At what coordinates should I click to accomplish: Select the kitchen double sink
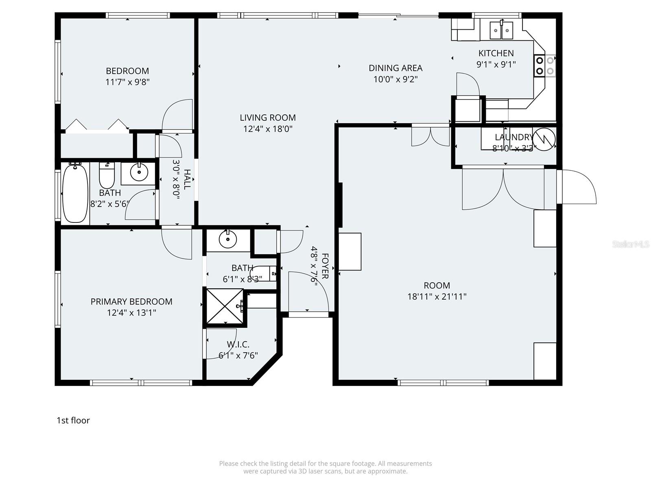[501, 30]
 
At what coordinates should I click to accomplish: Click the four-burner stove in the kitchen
[545, 65]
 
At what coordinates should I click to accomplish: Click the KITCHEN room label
[496, 53]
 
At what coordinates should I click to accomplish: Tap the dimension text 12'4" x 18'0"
[268, 129]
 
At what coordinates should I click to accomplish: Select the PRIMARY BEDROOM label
[131, 302]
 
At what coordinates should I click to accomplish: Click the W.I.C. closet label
[238, 344]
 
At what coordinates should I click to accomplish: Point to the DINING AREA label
[395, 68]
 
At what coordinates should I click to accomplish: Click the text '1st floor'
[73, 420]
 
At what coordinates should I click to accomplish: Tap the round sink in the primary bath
[228, 240]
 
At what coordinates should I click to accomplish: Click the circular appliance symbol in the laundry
[544, 139]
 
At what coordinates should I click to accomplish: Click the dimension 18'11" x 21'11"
[437, 296]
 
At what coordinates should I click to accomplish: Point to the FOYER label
[325, 266]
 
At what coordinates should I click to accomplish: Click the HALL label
[187, 179]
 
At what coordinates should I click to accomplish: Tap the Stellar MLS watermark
[631, 244]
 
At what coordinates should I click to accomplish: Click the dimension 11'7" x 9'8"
[127, 82]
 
